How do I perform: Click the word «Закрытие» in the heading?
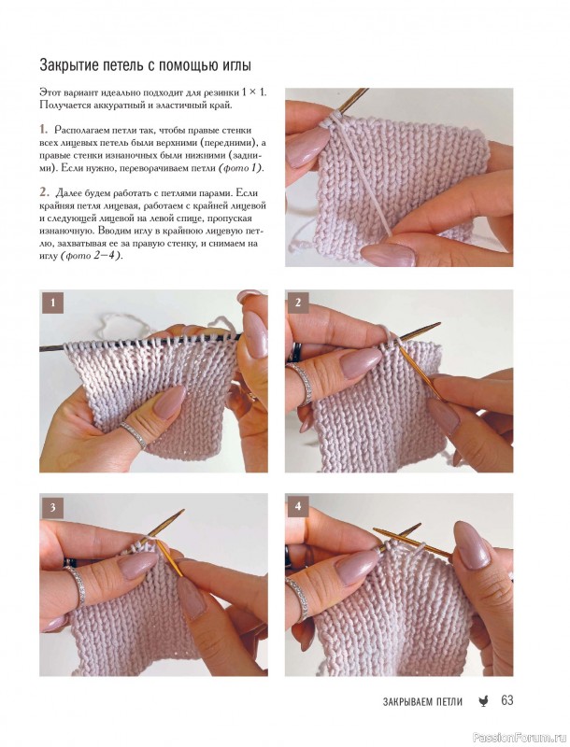(68, 65)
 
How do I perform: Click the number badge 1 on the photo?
(52, 303)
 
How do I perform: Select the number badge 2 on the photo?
(298, 303)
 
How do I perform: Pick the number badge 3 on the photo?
(52, 507)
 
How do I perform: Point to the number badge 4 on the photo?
(298, 507)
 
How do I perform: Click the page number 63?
(506, 699)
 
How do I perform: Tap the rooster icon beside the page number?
(483, 701)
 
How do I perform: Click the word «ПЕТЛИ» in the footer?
(449, 701)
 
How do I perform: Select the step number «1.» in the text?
(44, 130)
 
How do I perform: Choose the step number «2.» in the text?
(44, 192)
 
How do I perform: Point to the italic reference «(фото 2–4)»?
(91, 256)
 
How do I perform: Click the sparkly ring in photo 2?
(301, 383)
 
